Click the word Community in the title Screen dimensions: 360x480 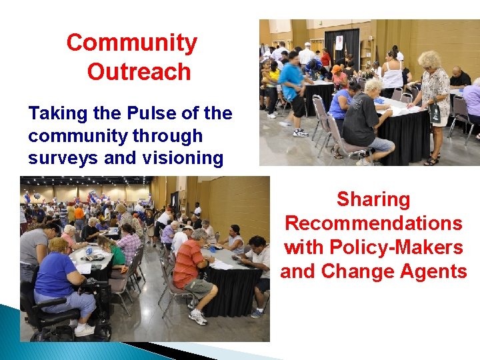coord(132,43)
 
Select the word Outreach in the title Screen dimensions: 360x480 coord(139,72)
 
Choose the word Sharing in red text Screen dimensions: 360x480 coord(373,199)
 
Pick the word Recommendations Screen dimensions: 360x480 coord(373,223)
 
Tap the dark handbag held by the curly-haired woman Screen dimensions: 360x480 coord(435,113)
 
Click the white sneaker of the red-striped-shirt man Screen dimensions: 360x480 coord(198,317)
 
